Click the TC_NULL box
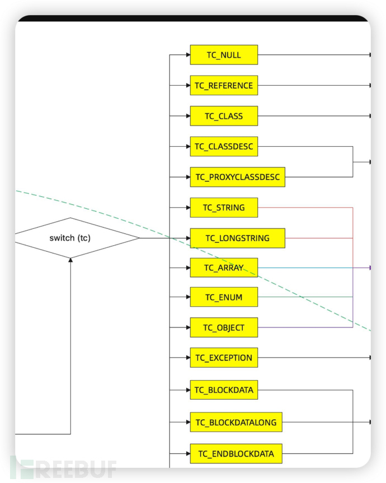point(224,55)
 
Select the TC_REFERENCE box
point(224,86)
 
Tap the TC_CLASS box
point(224,116)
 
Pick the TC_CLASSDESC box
point(224,147)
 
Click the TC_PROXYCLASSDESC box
point(237,177)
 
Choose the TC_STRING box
point(224,208)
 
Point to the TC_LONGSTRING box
point(237,238)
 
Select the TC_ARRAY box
point(224,268)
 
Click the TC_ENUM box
point(224,297)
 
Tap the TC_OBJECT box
point(224,327)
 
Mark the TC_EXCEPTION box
point(224,358)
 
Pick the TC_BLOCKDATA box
point(224,390)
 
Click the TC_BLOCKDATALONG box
point(236,422)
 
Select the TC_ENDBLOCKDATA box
point(236,453)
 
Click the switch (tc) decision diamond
point(70,238)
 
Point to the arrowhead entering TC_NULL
point(187,55)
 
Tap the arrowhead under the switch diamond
point(70,261)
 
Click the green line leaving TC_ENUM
point(305,297)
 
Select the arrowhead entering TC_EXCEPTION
point(187,358)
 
